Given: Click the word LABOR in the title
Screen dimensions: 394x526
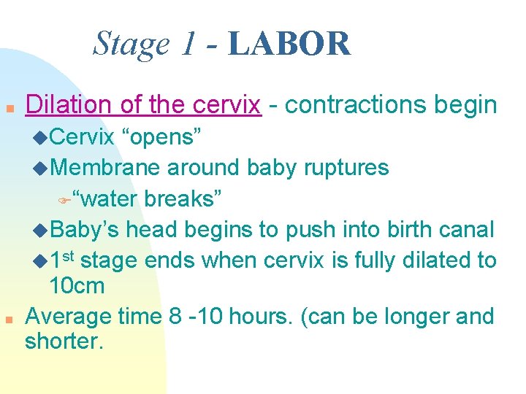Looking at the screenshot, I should (x=289, y=44).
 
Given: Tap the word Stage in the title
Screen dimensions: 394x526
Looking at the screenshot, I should (x=131, y=45).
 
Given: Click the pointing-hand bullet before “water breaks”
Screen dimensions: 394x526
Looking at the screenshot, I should (x=63, y=199).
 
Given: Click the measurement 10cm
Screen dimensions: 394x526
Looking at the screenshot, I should (x=77, y=286).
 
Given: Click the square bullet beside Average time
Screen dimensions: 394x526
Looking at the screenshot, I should (x=9, y=320).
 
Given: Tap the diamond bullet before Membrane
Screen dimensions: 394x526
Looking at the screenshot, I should (x=41, y=169).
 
